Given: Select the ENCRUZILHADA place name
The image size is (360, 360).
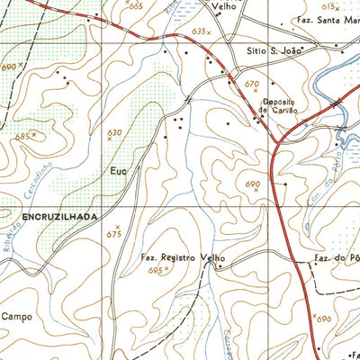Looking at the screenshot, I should coord(54,217).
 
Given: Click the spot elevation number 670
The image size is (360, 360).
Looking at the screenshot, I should coord(251,84).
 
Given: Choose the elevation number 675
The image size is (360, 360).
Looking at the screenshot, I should coord(113,234).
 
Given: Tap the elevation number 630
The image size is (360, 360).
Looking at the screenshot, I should coord(113,133).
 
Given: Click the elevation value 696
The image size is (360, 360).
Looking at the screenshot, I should coord(324,319).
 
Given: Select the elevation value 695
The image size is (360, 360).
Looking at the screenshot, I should coord(157,269).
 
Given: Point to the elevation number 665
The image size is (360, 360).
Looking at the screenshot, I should coord(135,5).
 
